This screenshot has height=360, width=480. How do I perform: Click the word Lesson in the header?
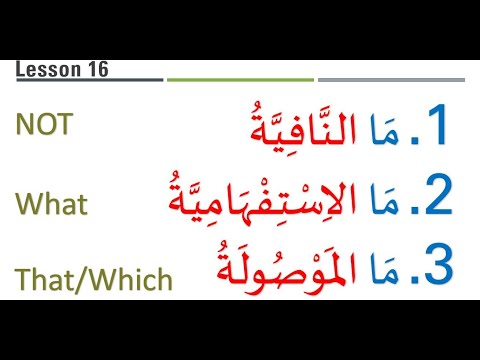pyautogui.click(x=46, y=70)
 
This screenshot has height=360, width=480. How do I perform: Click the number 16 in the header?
pyautogui.click(x=96, y=70)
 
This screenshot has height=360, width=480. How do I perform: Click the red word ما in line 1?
pyautogui.click(x=387, y=130)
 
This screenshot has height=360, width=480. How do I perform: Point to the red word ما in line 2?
pyautogui.click(x=388, y=200)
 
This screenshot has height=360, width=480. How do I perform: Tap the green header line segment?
pyautogui.click(x=239, y=79)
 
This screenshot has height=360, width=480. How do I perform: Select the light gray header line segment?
pyautogui.click(x=391, y=79)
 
